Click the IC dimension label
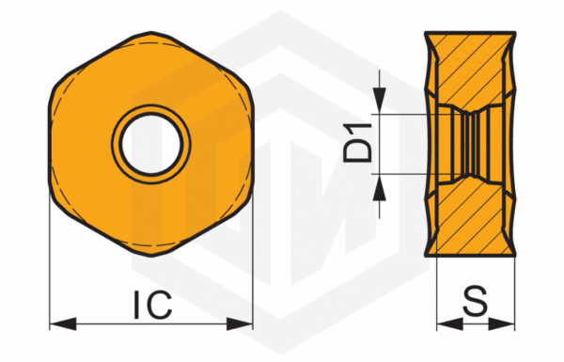point(153,306)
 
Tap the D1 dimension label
point(357,143)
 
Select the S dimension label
point(475,301)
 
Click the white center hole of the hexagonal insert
point(151,144)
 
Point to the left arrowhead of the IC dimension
point(63,323)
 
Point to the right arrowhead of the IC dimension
point(240,323)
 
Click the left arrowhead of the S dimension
point(449,323)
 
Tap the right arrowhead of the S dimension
point(502,323)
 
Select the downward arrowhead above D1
point(379,101)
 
